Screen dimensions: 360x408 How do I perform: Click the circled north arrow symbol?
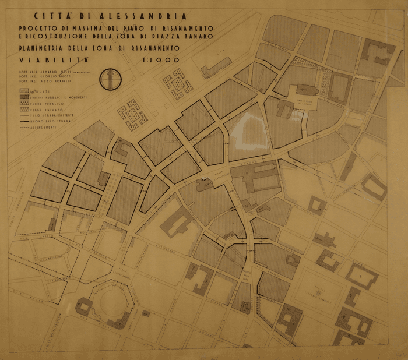pyautogui.click(x=108, y=79)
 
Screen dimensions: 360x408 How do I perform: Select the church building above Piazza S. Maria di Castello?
pyautogui.click(x=307, y=91)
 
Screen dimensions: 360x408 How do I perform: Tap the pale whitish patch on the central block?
pyautogui.click(x=248, y=130)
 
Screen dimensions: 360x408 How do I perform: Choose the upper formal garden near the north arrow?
pyautogui.click(x=178, y=84)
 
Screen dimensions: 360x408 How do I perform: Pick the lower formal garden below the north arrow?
pyautogui.click(x=133, y=114)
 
